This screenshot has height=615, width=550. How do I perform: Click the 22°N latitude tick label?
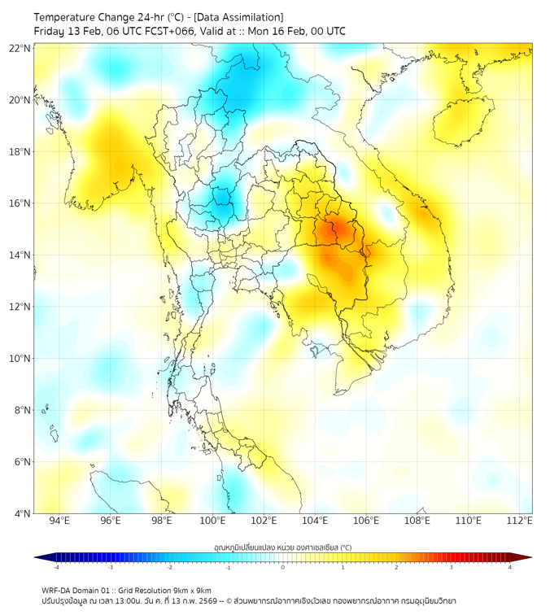(x=20, y=49)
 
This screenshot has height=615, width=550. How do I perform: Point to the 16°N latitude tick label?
(x=20, y=203)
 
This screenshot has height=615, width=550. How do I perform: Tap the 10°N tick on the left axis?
(x=20, y=359)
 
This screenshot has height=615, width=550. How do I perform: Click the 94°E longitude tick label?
(x=59, y=521)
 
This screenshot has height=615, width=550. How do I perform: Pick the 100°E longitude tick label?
(x=212, y=521)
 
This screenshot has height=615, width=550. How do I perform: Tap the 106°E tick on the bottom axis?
(x=366, y=521)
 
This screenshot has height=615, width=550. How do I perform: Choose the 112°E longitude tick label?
(x=519, y=521)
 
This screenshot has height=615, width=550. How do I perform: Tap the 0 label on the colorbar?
(x=283, y=567)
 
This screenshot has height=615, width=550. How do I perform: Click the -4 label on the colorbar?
(x=56, y=567)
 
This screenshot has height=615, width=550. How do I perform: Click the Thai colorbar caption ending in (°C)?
(x=282, y=547)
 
